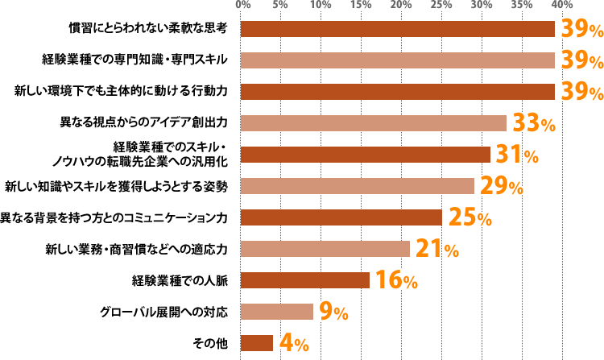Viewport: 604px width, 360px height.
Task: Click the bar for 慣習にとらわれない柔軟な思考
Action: [398, 29]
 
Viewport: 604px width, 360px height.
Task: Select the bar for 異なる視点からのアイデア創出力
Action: [374, 123]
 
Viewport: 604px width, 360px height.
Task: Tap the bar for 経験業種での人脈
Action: [305, 280]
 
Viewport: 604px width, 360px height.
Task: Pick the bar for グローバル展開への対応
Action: [277, 312]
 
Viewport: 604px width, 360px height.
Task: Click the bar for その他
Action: [257, 343]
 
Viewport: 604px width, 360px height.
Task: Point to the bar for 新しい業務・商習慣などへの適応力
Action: [325, 249]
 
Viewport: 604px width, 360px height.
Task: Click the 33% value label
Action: [534, 124]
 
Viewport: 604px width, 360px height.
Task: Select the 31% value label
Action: [517, 155]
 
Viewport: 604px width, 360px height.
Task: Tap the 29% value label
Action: [501, 186]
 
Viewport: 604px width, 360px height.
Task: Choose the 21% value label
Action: [436, 249]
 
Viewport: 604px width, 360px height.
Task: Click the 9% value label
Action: [334, 312]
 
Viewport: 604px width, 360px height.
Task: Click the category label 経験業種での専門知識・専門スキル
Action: [134, 60]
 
